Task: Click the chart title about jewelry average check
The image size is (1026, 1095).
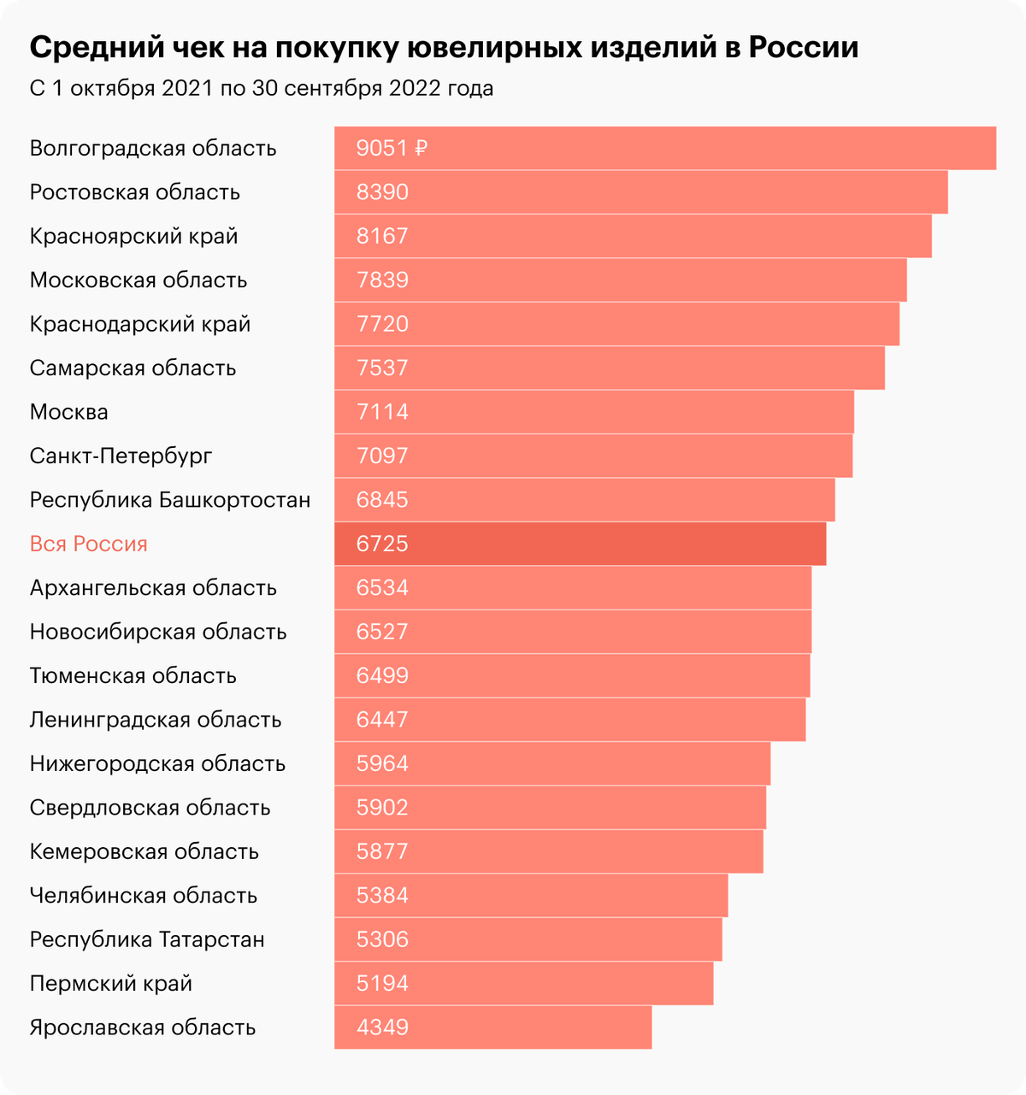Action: [x=444, y=48]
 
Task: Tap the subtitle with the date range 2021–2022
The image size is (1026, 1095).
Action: [x=261, y=89]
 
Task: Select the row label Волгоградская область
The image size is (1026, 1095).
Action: [x=153, y=149]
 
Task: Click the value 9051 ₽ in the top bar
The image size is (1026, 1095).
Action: [x=392, y=149]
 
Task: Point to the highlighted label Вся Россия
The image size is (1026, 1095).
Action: [x=89, y=545]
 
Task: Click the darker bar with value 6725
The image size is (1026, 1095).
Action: [x=580, y=545]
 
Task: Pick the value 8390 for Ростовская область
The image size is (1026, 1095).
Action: [x=382, y=192]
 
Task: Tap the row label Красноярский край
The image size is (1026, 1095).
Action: [x=133, y=237]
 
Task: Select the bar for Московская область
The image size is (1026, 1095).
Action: [x=620, y=280]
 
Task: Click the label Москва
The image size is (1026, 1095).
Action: [x=69, y=412]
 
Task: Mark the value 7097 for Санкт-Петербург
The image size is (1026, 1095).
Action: [x=382, y=456]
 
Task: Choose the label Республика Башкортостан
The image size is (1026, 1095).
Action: [x=170, y=500]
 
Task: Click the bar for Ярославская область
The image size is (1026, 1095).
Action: [x=492, y=1027]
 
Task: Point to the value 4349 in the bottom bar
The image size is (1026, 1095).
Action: [x=382, y=1027]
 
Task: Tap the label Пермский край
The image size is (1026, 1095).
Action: [x=111, y=984]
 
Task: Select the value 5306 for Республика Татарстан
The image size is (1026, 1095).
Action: [x=382, y=939]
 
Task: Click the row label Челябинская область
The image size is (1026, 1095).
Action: [x=144, y=896]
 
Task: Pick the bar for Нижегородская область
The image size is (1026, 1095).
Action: [x=552, y=764]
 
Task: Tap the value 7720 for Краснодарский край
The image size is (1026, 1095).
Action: [x=382, y=325]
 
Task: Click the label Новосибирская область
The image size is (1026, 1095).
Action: [x=158, y=633]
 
